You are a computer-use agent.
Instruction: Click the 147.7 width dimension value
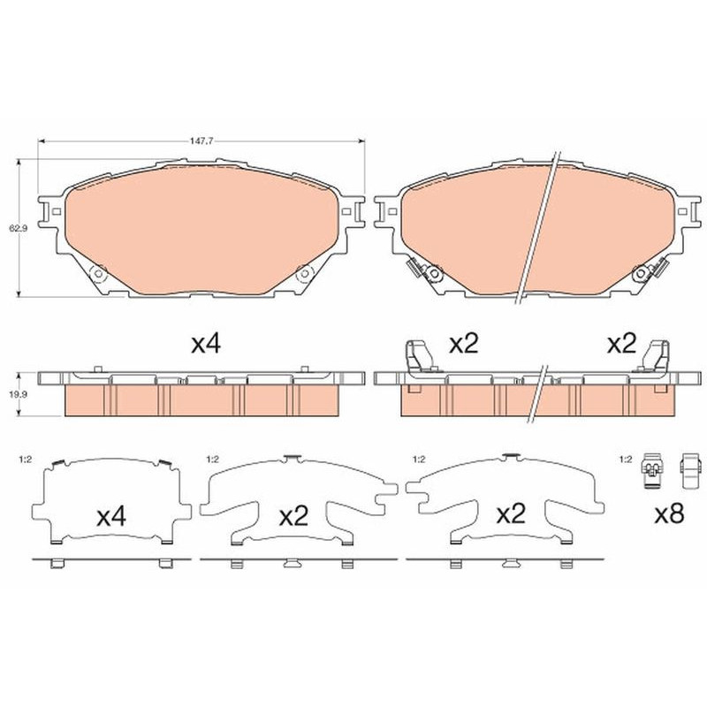(x=201, y=141)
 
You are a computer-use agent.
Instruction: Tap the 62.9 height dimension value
(x=18, y=228)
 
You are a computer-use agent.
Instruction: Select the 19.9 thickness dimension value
(x=18, y=394)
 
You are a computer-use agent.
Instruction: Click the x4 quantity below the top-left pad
(x=206, y=345)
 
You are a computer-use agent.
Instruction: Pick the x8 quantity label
(x=670, y=513)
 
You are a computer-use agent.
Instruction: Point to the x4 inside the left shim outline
(x=111, y=516)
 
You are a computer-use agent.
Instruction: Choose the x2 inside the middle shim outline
(x=293, y=516)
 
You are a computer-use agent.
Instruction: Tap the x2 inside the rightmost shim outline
(x=511, y=514)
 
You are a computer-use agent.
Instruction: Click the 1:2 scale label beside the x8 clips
(x=625, y=460)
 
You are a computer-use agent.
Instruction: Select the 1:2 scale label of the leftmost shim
(x=26, y=460)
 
